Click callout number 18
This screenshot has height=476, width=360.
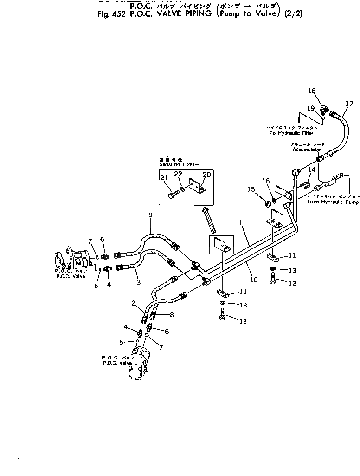coord(311,91)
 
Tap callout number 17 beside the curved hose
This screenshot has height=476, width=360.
coord(349,104)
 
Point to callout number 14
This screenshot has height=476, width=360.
coord(312,170)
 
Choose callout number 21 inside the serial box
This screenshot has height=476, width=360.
coord(164,178)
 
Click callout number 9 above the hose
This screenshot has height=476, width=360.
coord(150,215)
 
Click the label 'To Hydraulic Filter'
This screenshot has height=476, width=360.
coord(292,133)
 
